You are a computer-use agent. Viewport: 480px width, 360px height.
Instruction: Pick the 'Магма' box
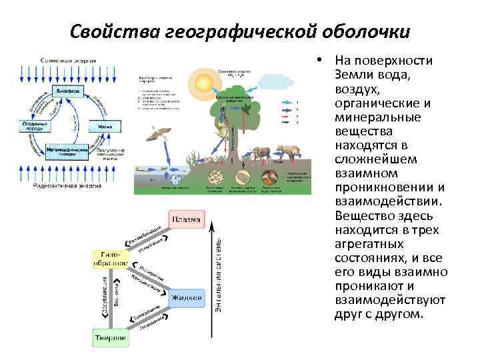[105, 125]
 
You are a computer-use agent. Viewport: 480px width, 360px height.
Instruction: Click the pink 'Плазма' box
[187, 220]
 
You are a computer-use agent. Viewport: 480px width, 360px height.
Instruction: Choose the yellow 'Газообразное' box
[110, 258]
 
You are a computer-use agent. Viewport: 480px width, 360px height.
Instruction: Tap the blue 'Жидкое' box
[187, 297]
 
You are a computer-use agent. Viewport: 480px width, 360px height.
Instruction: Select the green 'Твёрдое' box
[110, 338]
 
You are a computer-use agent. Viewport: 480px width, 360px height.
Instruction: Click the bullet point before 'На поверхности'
[321, 61]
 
